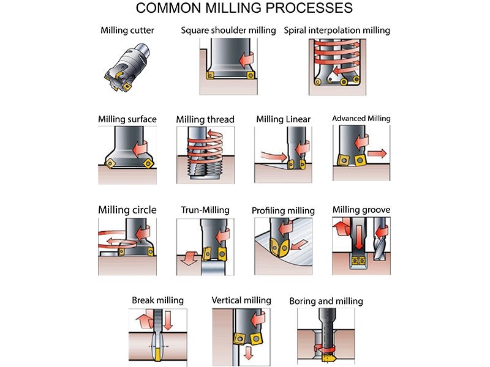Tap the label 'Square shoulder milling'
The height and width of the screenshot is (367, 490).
pyautogui.click(x=228, y=30)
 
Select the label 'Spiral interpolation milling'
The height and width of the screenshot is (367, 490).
pyautogui.click(x=337, y=30)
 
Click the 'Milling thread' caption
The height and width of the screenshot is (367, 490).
pyautogui.click(x=205, y=119)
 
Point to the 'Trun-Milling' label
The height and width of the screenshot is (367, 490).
pyautogui.click(x=205, y=210)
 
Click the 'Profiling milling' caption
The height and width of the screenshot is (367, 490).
pyautogui.click(x=283, y=210)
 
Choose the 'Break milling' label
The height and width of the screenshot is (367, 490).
pyautogui.click(x=157, y=300)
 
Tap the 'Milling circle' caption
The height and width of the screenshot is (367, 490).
pyautogui.click(x=127, y=210)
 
